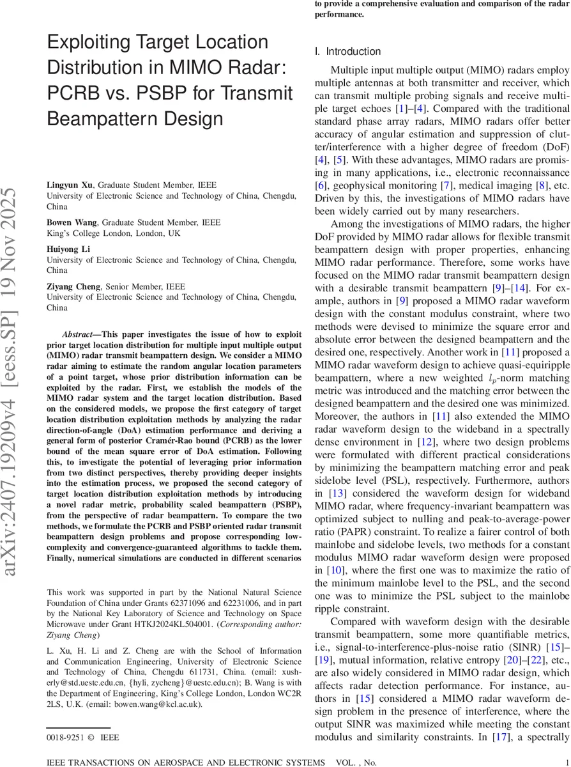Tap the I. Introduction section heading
(x=347, y=52)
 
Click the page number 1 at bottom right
(x=567, y=762)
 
